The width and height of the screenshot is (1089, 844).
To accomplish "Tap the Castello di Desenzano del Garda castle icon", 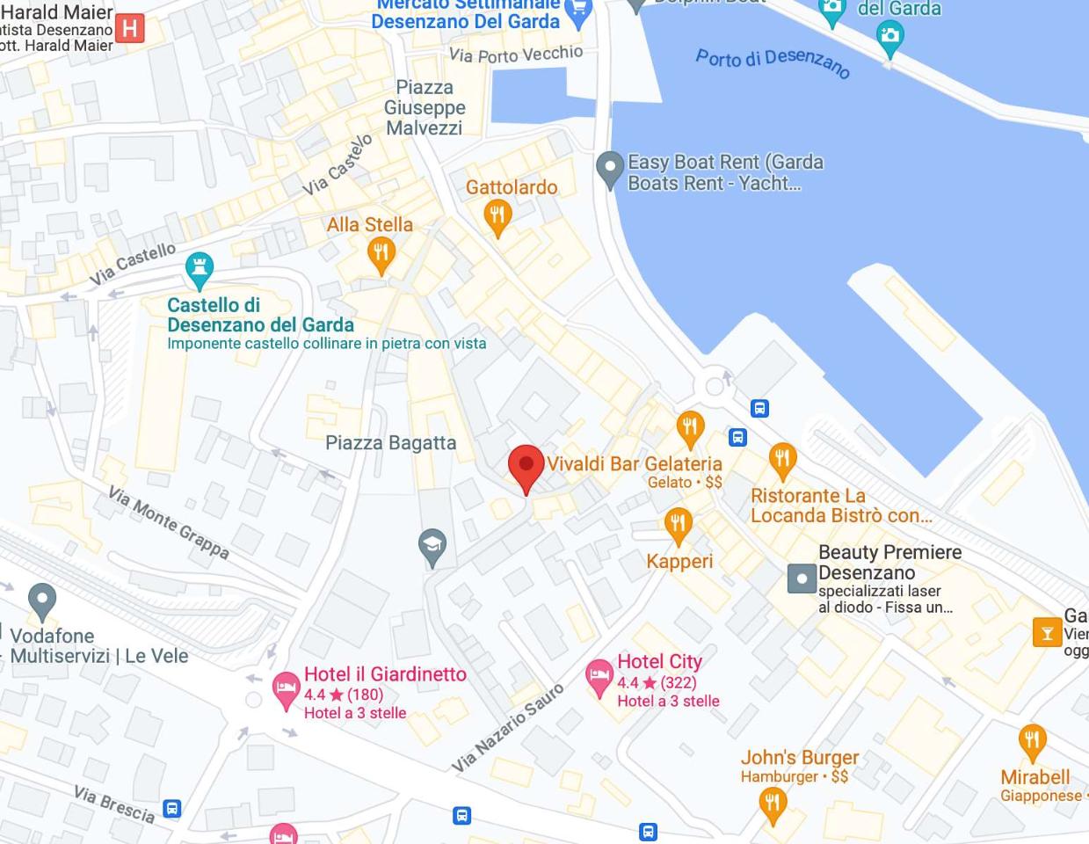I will pyautogui.click(x=200, y=268).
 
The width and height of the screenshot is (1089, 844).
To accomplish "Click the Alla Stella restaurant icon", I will pyautogui.click(x=381, y=254).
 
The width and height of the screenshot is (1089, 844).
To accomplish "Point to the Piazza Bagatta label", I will pyautogui.click(x=390, y=443).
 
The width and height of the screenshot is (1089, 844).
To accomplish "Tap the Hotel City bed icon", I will pyautogui.click(x=599, y=677).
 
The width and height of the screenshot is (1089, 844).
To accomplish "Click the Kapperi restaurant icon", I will pyautogui.click(x=678, y=525).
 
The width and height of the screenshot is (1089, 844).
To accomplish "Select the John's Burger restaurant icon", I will pyautogui.click(x=772, y=803).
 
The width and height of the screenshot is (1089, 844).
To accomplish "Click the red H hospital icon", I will pyautogui.click(x=129, y=28).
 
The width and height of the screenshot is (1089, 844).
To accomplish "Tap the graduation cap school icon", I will pyautogui.click(x=432, y=547).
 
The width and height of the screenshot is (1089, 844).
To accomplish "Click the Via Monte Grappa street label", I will pyautogui.click(x=169, y=522).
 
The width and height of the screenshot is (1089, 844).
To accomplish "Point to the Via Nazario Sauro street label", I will pyautogui.click(x=507, y=729).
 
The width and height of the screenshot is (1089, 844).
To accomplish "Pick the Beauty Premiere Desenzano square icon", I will pyautogui.click(x=802, y=578).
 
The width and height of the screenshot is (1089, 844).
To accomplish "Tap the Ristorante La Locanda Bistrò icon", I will pyautogui.click(x=781, y=459).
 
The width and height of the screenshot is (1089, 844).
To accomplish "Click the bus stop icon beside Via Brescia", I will pyautogui.click(x=172, y=808).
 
